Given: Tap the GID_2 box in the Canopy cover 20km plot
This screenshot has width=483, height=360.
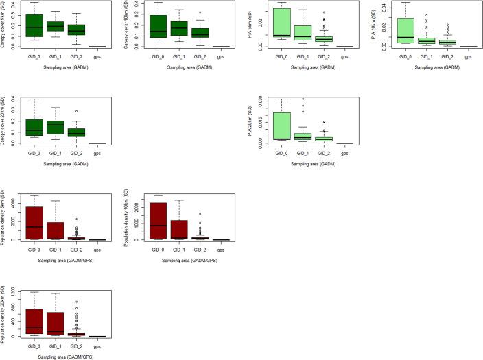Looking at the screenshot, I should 77,132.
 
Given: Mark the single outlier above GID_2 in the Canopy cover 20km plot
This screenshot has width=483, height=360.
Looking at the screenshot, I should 77,111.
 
